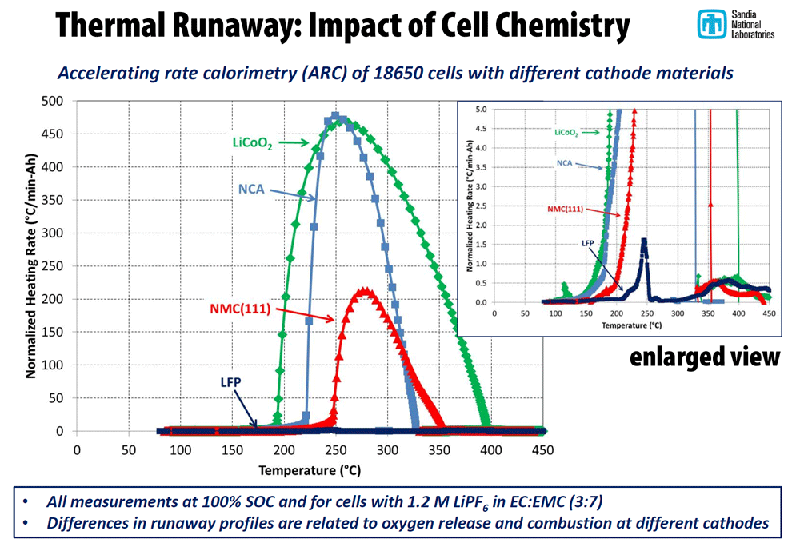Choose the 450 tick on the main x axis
click(x=541, y=449)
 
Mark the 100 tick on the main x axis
click(x=180, y=449)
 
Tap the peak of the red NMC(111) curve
click(x=365, y=292)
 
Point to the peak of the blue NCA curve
click(x=335, y=117)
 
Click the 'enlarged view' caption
click(x=704, y=356)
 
